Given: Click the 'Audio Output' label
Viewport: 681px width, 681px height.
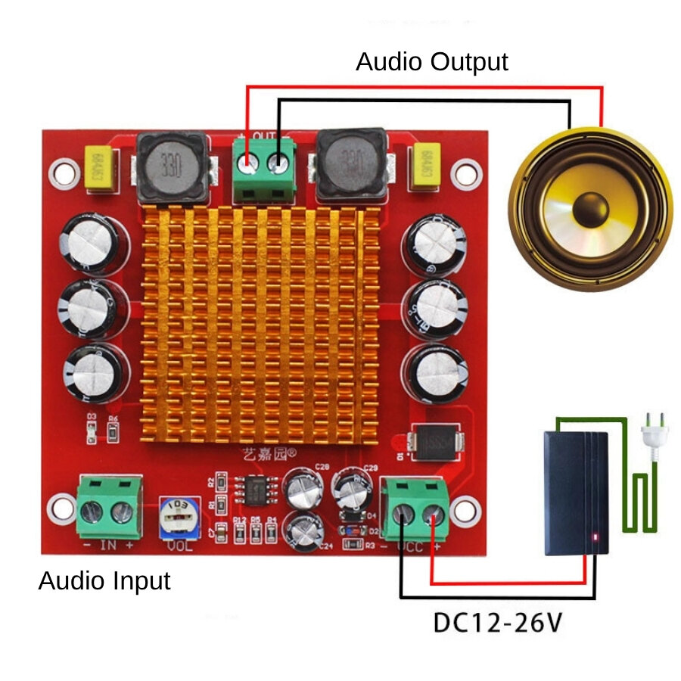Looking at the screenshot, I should [432, 61].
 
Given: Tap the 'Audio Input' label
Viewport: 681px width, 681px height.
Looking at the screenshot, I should [104, 581].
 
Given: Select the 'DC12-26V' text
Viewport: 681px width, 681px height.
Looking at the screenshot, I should [498, 623].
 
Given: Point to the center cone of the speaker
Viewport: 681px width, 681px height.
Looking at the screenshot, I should [590, 207].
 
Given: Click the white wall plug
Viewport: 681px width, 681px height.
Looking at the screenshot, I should [651, 434].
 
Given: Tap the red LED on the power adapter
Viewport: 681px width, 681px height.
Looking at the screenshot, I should [597, 538].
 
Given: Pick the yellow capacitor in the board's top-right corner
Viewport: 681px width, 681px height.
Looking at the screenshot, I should [425, 166].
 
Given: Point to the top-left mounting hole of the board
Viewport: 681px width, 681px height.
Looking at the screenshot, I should [64, 173].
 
